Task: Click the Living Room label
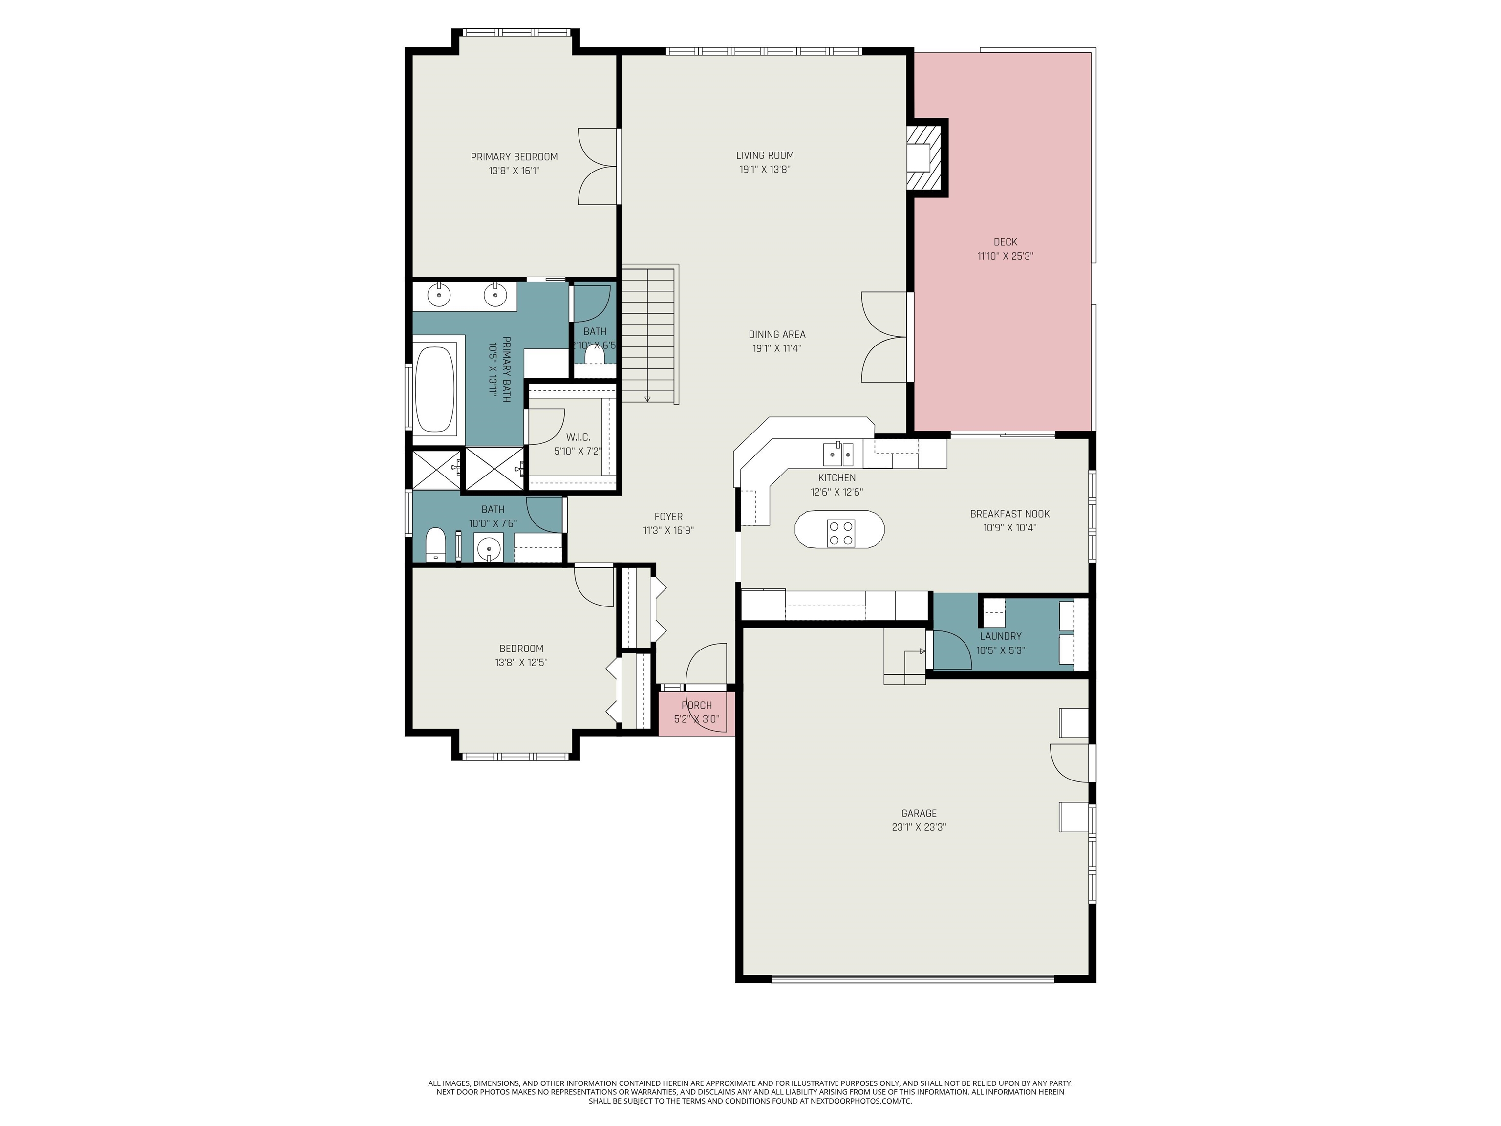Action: pos(765,155)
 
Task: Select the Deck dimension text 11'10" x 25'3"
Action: pos(1005,257)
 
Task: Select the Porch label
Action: pos(696,705)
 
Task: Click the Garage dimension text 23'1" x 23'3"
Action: pos(919,827)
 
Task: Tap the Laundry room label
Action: pos(1000,636)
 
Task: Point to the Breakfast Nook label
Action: pos(1010,514)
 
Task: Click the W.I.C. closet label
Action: pos(578,437)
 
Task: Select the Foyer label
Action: pos(668,517)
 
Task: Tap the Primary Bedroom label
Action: pos(514,157)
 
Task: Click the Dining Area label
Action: pos(777,334)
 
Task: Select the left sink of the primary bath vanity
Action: pos(440,295)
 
